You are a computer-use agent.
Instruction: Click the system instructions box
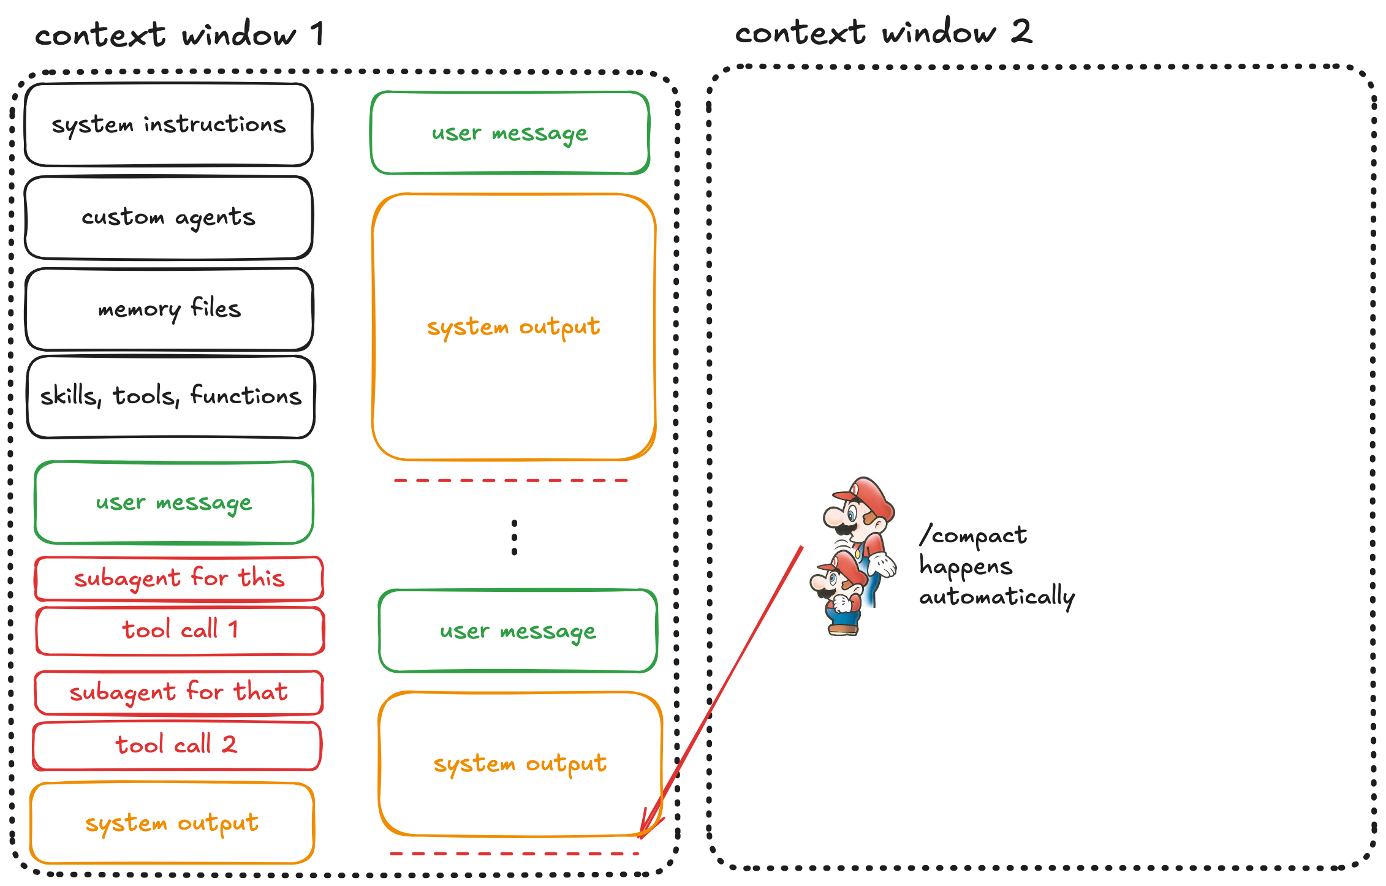pos(169,124)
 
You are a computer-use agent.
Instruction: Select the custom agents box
pos(169,218)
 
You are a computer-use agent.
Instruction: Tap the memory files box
pos(169,309)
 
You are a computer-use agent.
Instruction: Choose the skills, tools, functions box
pos(171,396)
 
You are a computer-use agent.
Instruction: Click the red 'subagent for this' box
pos(179,578)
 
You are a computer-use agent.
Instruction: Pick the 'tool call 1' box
pos(180,630)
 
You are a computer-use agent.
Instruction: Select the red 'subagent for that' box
pos(178,692)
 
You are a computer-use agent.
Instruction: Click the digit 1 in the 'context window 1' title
pos(317,34)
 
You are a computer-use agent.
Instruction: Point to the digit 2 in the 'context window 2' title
pos(1021,32)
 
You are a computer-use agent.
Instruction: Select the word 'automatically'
pos(997,597)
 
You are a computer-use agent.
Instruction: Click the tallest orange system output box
pos(513,327)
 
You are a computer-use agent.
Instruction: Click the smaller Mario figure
pos(838,594)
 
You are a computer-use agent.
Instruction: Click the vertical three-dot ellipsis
pos(514,538)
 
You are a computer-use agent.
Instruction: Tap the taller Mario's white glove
pos(883,564)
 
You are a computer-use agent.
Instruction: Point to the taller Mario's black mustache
pos(846,528)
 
